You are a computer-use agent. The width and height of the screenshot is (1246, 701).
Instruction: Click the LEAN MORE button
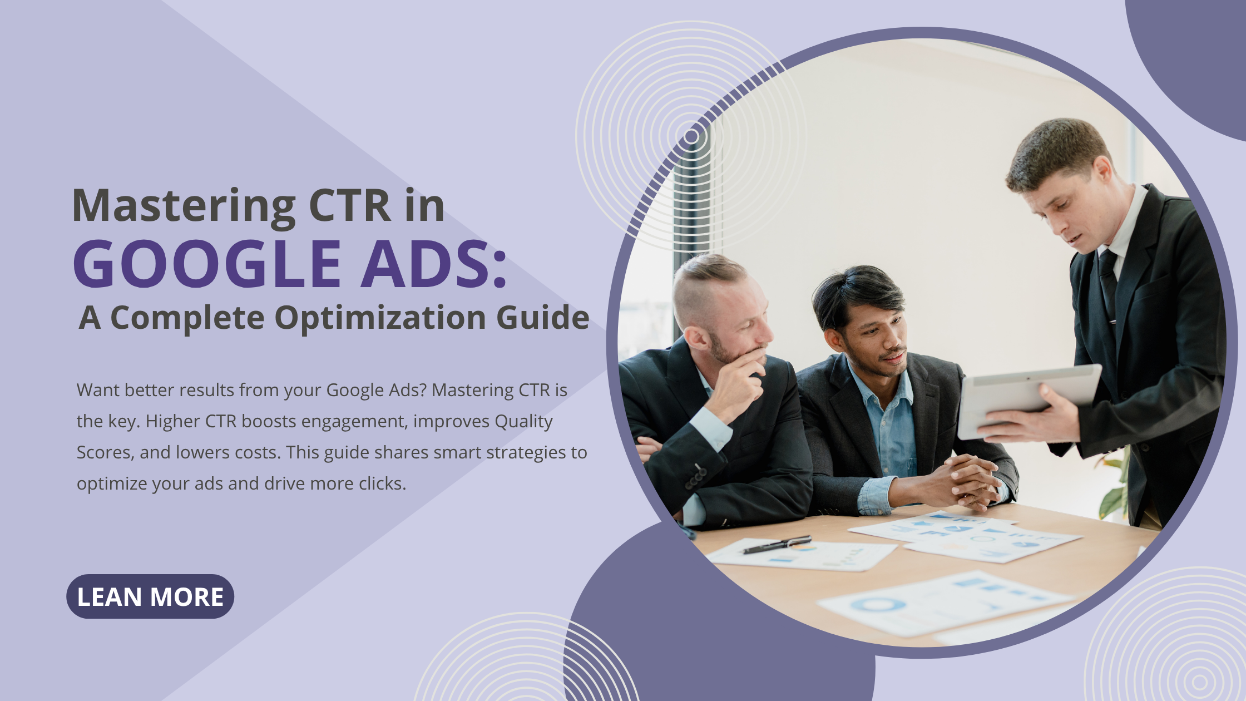pyautogui.click(x=150, y=596)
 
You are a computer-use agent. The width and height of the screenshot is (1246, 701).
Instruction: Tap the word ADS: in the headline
pyautogui.click(x=434, y=264)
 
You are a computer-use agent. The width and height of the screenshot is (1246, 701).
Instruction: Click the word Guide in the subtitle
pyautogui.click(x=542, y=318)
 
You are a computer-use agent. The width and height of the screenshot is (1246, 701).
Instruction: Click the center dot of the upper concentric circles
pyautogui.click(x=691, y=136)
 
